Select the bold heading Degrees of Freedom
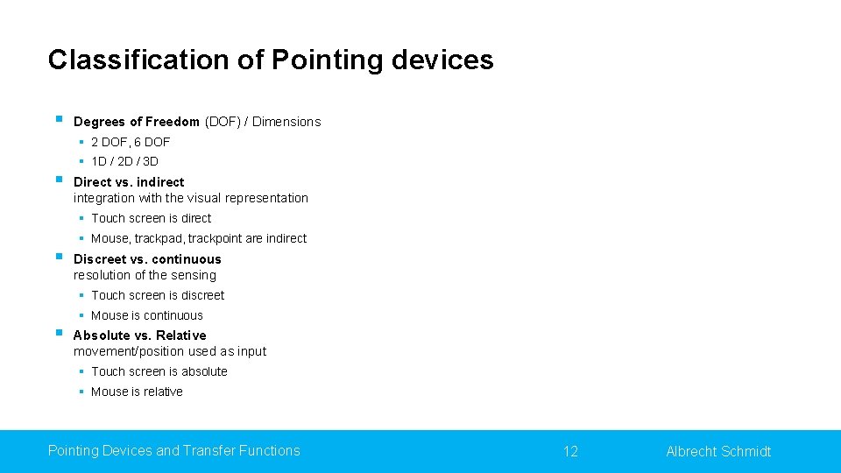tap(137, 122)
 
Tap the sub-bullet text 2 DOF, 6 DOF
tap(131, 142)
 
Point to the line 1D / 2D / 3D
tap(124, 161)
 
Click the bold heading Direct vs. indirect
tap(129, 182)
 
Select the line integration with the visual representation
tap(191, 198)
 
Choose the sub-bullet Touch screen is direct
tap(151, 218)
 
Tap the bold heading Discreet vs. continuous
tap(147, 259)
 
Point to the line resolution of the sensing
tap(145, 275)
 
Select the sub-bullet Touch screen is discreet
tap(158, 295)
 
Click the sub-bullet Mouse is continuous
tap(146, 315)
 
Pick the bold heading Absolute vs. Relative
tap(139, 335)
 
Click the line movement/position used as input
tap(170, 351)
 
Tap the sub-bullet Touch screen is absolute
tap(159, 371)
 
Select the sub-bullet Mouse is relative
tap(137, 392)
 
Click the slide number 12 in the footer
tap(570, 451)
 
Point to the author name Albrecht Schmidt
tap(718, 451)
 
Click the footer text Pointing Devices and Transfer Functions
tap(173, 450)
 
